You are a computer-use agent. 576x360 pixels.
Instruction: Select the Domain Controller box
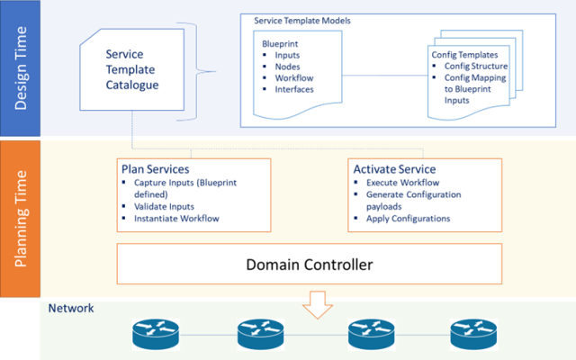tap(309, 265)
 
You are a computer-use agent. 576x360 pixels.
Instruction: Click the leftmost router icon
tap(155, 336)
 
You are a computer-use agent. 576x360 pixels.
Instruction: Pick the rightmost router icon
tap(473, 336)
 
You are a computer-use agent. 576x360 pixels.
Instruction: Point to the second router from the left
tap(261, 336)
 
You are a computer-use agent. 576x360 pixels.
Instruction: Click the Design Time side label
tap(20, 69)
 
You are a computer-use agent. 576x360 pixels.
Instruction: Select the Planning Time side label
tap(20, 218)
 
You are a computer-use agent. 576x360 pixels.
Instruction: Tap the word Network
tap(72, 309)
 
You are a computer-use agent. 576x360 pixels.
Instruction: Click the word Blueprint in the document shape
tap(282, 42)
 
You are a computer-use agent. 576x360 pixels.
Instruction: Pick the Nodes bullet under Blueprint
tap(289, 67)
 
